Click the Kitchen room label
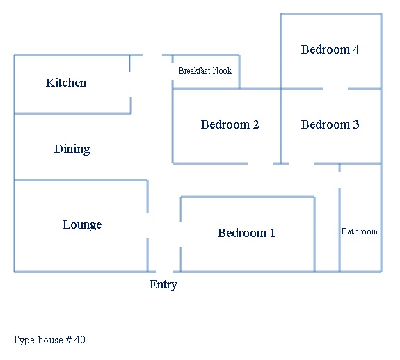pos(66,83)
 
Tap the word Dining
pos(72,149)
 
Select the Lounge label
pos(82,225)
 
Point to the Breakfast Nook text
pos(205,71)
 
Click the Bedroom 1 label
pos(246,233)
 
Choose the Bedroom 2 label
pos(230,124)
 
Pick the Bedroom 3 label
pos(330,124)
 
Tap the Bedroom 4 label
pos(330,49)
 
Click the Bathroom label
pos(360,231)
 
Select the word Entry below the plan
pos(163,285)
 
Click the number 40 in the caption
pos(80,340)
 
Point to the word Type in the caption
pos(23,340)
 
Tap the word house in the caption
pos(51,340)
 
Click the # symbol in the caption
pos(69,340)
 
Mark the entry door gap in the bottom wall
pos(164,272)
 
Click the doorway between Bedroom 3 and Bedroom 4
pos(335,88)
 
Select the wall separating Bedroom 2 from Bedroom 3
pos(281,126)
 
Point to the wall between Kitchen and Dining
pos(72,113)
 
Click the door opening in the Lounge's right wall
pos(147,226)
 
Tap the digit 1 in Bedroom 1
pos(273,233)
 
